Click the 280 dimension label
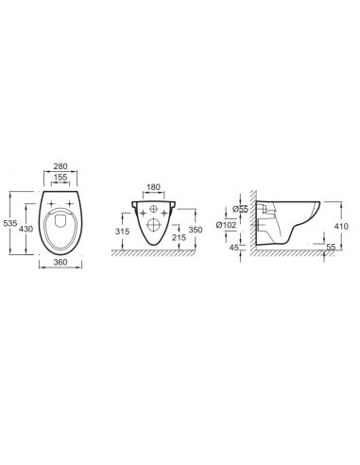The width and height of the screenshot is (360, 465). pyautogui.click(x=60, y=166)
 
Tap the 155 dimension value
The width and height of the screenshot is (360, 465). pyautogui.click(x=60, y=177)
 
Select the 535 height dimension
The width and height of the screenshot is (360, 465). pyautogui.click(x=9, y=223)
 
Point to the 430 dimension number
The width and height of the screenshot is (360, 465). pyautogui.click(x=26, y=229)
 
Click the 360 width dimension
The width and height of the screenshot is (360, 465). pyautogui.click(x=60, y=262)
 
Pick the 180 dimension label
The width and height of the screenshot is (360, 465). pyautogui.click(x=154, y=187)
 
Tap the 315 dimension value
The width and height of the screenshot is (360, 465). pyautogui.click(x=122, y=232)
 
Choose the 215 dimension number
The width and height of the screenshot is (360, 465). pyautogui.click(x=180, y=237)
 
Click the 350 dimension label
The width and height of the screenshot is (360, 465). pyautogui.click(x=196, y=230)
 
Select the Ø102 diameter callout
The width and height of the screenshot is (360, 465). pyautogui.click(x=226, y=225)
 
